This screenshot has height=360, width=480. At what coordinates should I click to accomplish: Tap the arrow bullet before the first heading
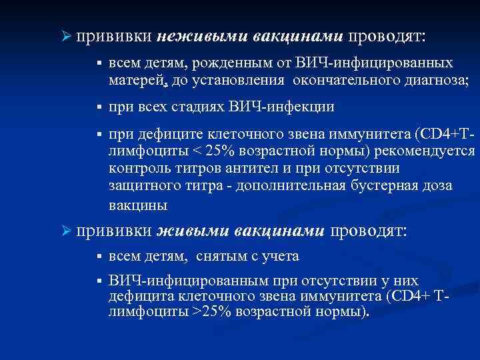(65, 35)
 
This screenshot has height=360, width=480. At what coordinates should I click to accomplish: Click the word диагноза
(434, 81)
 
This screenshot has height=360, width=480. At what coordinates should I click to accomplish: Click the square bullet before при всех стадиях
(97, 107)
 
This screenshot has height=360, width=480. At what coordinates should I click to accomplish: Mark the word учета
(281, 256)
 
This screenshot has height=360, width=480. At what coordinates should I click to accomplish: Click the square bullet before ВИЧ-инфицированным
(97, 281)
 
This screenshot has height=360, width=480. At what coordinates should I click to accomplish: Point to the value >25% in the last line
(211, 311)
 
